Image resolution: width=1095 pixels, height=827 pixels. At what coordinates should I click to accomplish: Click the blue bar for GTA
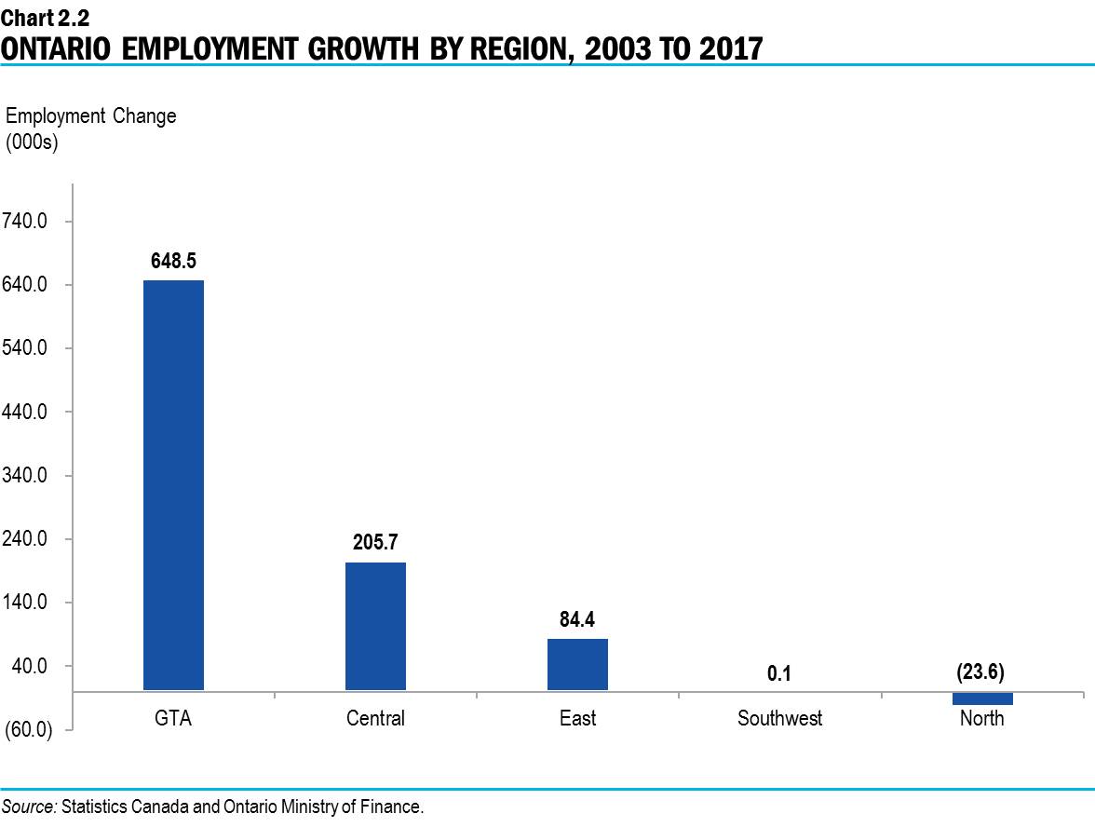pos(173,484)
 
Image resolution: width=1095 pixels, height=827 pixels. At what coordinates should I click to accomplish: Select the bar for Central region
pos(375,626)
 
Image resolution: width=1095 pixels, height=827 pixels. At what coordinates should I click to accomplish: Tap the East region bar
pos(577,664)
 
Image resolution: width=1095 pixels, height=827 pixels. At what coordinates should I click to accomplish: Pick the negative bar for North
pos(981,698)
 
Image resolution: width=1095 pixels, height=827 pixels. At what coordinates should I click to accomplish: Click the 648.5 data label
pos(173,261)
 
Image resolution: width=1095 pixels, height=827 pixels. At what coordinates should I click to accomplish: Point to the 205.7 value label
pos(375,543)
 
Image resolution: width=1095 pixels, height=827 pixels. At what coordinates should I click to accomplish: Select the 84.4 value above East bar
pos(577,619)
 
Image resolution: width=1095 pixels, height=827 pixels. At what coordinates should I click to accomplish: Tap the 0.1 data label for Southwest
pos(779,672)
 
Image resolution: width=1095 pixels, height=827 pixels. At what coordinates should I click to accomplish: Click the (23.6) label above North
pos(980,671)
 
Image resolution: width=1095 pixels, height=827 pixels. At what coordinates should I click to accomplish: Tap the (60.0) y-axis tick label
pos(29,729)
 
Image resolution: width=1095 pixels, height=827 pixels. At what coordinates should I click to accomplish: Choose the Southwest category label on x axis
pos(779,718)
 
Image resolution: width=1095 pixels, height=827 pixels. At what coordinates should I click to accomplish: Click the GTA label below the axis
pos(173,718)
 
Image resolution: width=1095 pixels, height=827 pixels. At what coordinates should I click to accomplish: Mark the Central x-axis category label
pos(375,718)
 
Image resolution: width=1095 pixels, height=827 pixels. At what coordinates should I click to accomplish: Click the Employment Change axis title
pos(90,116)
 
